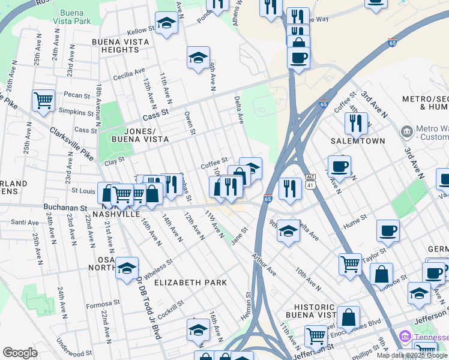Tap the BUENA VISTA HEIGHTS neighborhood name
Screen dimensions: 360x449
pyautogui.click(x=120, y=46)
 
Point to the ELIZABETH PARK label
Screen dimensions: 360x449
pyautogui.click(x=190, y=282)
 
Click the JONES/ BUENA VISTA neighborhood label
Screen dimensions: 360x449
pyautogui.click(x=138, y=135)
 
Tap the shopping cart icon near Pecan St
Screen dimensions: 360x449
pyautogui.click(x=43, y=101)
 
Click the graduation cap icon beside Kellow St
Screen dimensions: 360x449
pyautogui.click(x=166, y=23)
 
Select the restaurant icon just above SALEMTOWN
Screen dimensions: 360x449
pyautogui.click(x=357, y=123)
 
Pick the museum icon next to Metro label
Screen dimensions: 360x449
pyautogui.click(x=406, y=131)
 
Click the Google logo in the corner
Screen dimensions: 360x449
pyautogui.click(x=20, y=353)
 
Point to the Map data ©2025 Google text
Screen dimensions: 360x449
pyautogui.click(x=412, y=355)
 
